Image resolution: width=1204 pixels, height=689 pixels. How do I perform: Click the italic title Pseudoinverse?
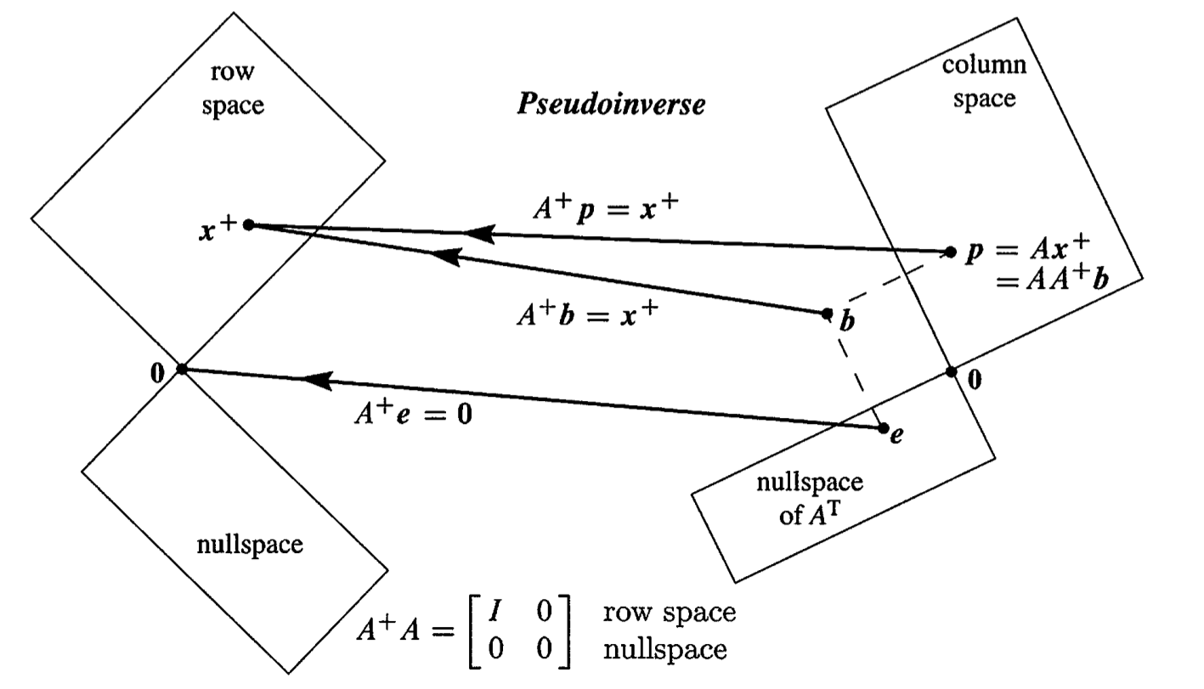click(611, 105)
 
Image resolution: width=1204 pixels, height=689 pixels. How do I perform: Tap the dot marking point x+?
click(248, 224)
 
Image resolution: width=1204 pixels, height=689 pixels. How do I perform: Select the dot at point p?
click(950, 251)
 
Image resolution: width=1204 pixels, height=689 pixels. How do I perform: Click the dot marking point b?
click(827, 313)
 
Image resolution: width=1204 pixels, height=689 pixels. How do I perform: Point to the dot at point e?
click(884, 428)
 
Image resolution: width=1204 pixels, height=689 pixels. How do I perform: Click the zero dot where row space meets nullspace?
click(181, 369)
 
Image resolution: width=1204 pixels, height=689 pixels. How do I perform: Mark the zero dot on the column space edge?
click(952, 372)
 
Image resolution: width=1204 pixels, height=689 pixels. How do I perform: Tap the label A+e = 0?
click(412, 415)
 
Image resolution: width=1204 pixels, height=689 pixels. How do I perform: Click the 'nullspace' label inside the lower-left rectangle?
click(249, 544)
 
